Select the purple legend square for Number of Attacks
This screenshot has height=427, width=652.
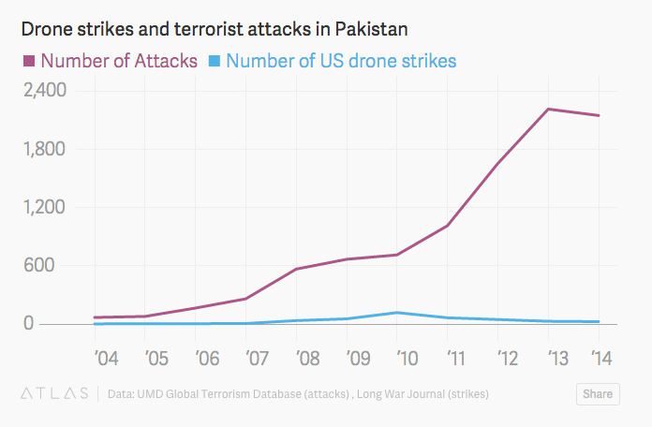[x=29, y=62]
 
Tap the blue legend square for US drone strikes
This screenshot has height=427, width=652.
[x=214, y=62]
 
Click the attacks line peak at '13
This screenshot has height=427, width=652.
[x=548, y=110]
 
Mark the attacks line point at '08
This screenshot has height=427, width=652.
[x=296, y=269]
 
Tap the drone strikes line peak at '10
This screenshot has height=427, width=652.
[x=397, y=313]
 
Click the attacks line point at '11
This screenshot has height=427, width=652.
[x=448, y=226]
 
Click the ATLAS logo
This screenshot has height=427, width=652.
[x=52, y=393]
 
